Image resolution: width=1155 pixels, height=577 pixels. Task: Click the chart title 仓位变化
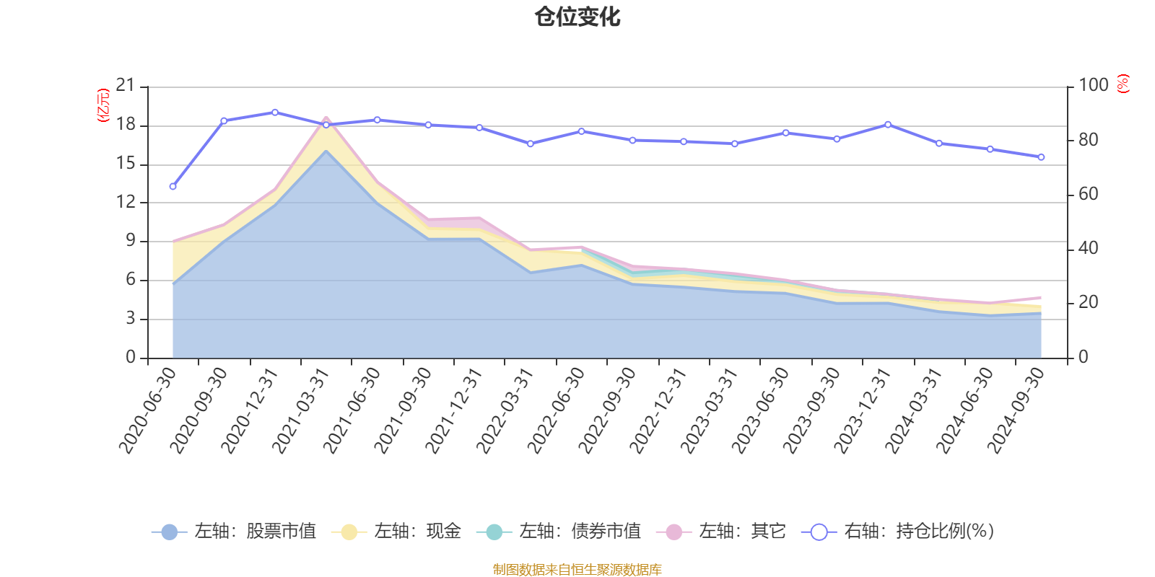[x=577, y=17]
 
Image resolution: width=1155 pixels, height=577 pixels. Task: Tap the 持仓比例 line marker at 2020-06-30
[x=173, y=187]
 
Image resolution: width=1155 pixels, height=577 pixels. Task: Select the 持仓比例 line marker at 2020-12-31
[x=275, y=113]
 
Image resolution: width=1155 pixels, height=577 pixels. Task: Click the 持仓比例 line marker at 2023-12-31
[x=888, y=125]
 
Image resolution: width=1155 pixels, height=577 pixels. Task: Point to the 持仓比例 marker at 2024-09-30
[x=1041, y=157]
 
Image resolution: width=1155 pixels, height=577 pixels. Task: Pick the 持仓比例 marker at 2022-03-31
[x=531, y=144]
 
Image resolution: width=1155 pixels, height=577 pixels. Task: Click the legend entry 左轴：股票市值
[x=234, y=532]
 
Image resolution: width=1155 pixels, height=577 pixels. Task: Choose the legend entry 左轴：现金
[x=396, y=532]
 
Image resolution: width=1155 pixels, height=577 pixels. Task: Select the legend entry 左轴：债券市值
[x=559, y=532]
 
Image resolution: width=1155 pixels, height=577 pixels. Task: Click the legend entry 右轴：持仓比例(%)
[x=898, y=532]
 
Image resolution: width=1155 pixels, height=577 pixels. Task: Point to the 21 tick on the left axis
[x=126, y=86]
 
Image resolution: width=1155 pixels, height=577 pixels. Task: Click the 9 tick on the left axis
[x=131, y=241]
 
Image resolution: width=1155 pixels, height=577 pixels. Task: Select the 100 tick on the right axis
[x=1093, y=86]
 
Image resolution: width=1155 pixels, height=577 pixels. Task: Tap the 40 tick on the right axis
[x=1089, y=248]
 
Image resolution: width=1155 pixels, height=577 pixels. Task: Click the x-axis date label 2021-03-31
[x=301, y=410]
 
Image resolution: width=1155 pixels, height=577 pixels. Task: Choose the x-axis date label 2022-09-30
[x=608, y=410]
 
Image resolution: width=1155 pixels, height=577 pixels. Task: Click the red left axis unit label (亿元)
[x=103, y=105]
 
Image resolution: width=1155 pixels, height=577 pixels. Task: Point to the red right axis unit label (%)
[x=1123, y=84]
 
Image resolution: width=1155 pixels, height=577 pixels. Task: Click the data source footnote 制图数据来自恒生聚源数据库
[x=577, y=570]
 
